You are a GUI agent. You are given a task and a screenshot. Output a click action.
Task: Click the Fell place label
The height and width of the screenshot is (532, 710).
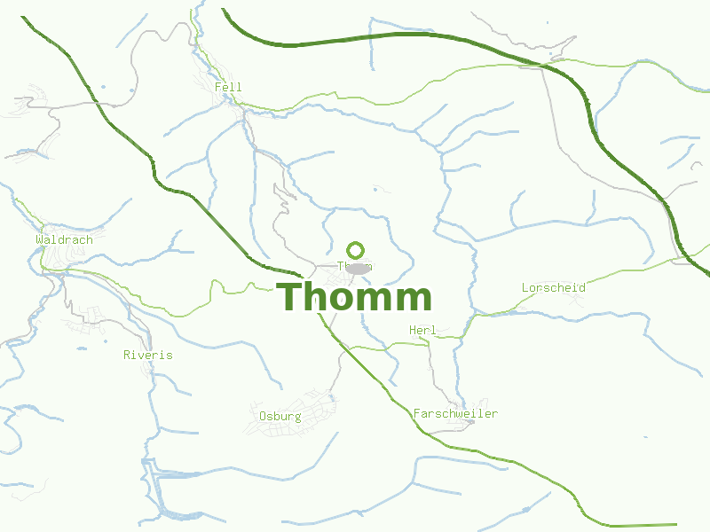228,87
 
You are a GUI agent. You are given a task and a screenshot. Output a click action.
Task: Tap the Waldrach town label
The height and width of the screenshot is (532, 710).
64,240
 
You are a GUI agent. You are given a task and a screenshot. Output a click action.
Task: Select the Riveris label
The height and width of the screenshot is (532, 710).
148,356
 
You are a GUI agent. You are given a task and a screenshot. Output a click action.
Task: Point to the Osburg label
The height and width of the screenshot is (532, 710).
280,417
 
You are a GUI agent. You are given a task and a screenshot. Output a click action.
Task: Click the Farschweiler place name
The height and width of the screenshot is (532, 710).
455,414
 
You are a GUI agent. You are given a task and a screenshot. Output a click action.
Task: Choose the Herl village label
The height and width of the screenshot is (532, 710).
422,331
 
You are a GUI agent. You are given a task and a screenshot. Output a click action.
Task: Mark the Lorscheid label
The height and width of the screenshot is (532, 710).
554,288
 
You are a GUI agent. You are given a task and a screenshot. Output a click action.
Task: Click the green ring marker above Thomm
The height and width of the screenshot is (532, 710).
356,250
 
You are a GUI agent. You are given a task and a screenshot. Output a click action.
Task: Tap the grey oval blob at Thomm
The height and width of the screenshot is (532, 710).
358,269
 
